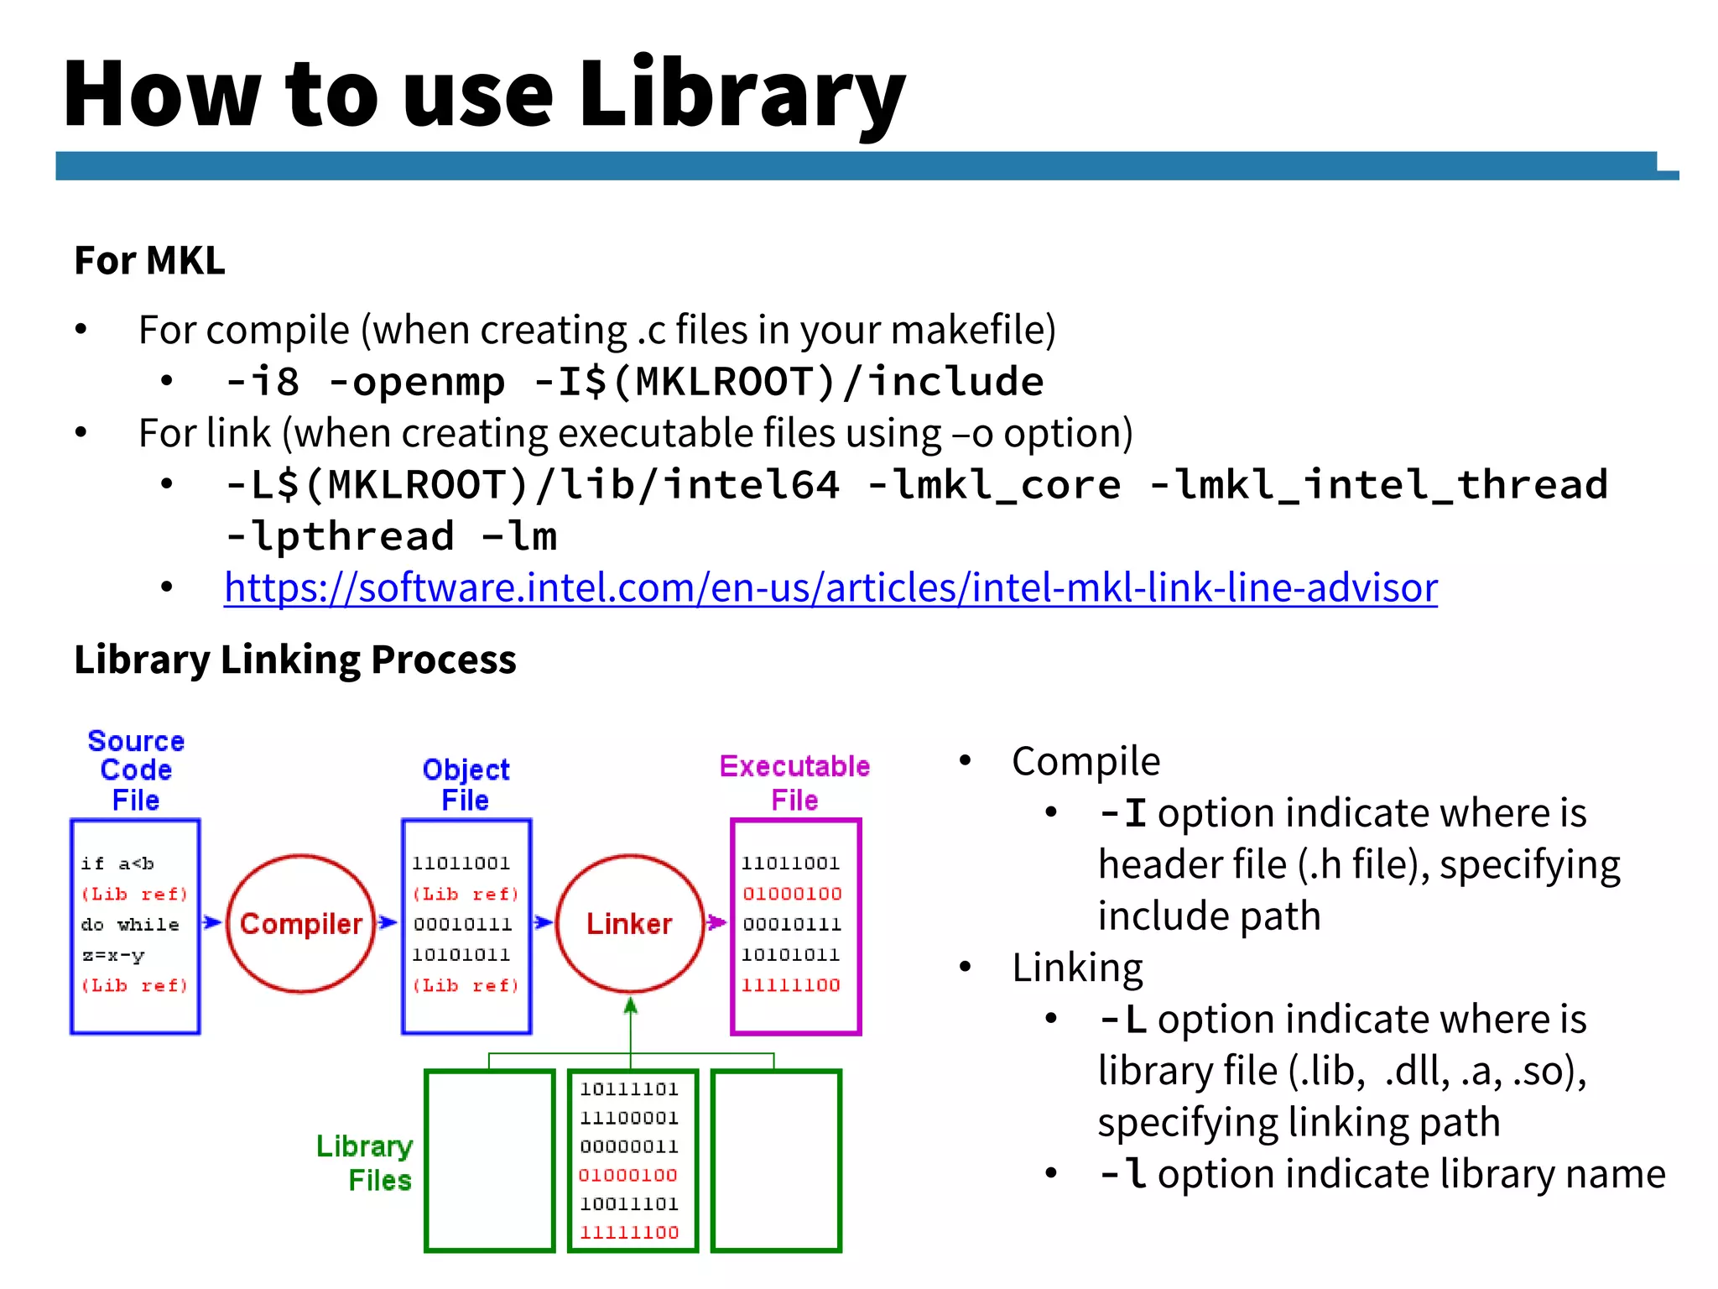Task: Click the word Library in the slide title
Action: pyautogui.click(x=742, y=94)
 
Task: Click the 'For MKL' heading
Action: pyautogui.click(x=149, y=260)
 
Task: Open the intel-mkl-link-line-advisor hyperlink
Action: pyautogui.click(x=830, y=587)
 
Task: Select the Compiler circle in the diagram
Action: pyautogui.click(x=300, y=924)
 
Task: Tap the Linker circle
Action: pyautogui.click(x=629, y=924)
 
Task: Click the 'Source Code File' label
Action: pyautogui.click(x=136, y=770)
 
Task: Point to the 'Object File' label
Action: pyautogui.click(x=466, y=784)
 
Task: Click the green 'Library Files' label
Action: pyautogui.click(x=365, y=1163)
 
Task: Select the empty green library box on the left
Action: pyautogui.click(x=490, y=1161)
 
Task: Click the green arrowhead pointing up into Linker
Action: pyautogui.click(x=631, y=1005)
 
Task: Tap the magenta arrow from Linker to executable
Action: pyautogui.click(x=716, y=923)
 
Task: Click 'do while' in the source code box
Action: pyautogui.click(x=130, y=925)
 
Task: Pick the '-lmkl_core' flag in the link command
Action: pyautogui.click(x=993, y=485)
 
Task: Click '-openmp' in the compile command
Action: pyautogui.click(x=417, y=383)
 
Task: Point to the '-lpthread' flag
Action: pyautogui.click(x=340, y=536)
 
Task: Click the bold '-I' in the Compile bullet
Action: pyautogui.click(x=1122, y=813)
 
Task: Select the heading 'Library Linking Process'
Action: pyautogui.click(x=295, y=660)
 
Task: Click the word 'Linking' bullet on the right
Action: pyautogui.click(x=1077, y=968)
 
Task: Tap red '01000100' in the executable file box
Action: pyautogui.click(x=792, y=894)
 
